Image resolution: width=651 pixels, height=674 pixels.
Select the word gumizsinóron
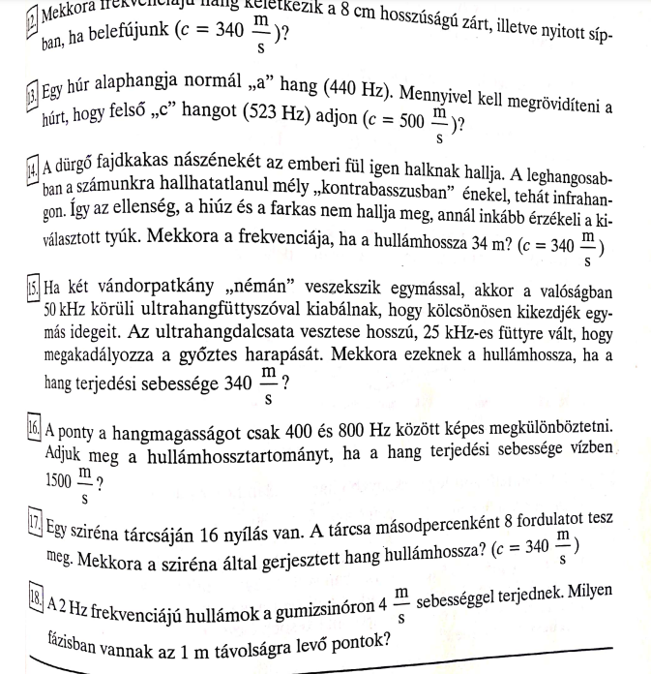[320, 601]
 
